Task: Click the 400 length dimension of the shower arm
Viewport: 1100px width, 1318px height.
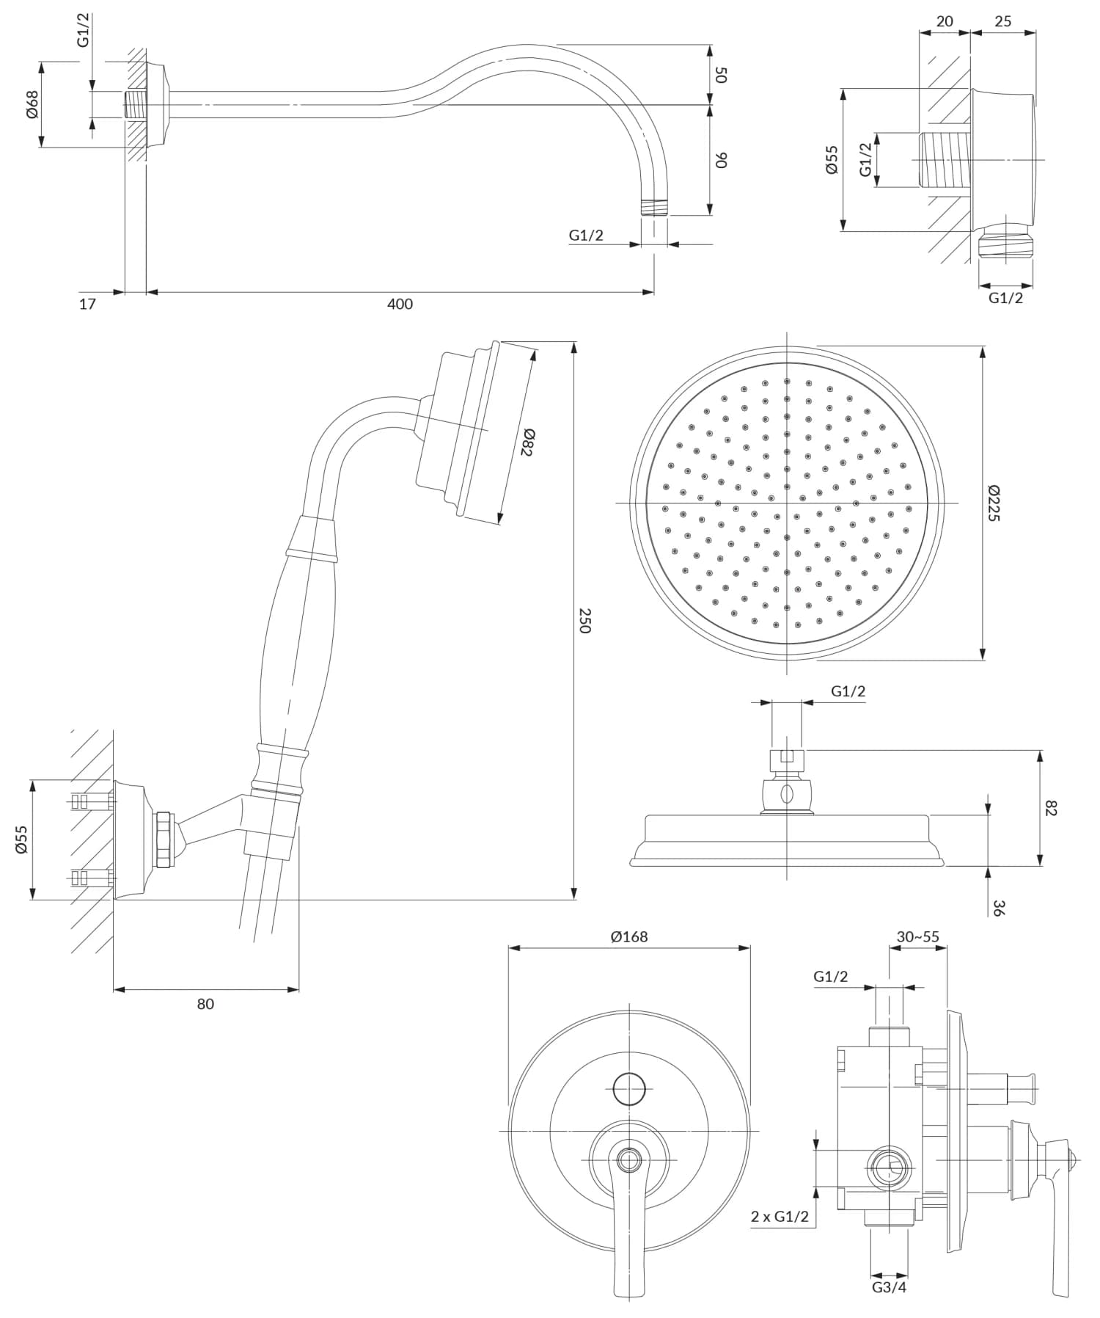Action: point(400,304)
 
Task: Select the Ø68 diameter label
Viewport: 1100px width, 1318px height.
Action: point(32,104)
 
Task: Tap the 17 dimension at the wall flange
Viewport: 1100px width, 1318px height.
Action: point(87,304)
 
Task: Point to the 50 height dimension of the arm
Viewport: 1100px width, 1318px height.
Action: point(721,74)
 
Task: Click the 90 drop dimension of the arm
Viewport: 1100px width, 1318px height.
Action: point(721,159)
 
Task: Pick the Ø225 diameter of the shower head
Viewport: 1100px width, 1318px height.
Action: point(993,503)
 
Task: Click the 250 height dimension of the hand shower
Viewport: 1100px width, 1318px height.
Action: point(584,620)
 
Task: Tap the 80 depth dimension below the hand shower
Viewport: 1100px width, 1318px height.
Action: point(205,1004)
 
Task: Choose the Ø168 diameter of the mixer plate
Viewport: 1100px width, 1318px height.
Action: point(629,936)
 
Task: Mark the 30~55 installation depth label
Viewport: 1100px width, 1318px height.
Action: point(917,936)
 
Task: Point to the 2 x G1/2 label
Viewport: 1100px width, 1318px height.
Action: point(780,1216)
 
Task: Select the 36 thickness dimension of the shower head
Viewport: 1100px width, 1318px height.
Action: point(998,907)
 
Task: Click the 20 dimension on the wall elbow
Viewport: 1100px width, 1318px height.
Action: point(945,21)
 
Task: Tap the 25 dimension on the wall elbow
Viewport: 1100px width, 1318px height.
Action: point(1002,21)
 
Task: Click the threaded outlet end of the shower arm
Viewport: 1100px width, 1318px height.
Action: point(654,207)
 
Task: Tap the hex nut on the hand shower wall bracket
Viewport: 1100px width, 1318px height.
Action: point(165,839)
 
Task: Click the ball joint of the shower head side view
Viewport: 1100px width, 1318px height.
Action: point(787,793)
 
